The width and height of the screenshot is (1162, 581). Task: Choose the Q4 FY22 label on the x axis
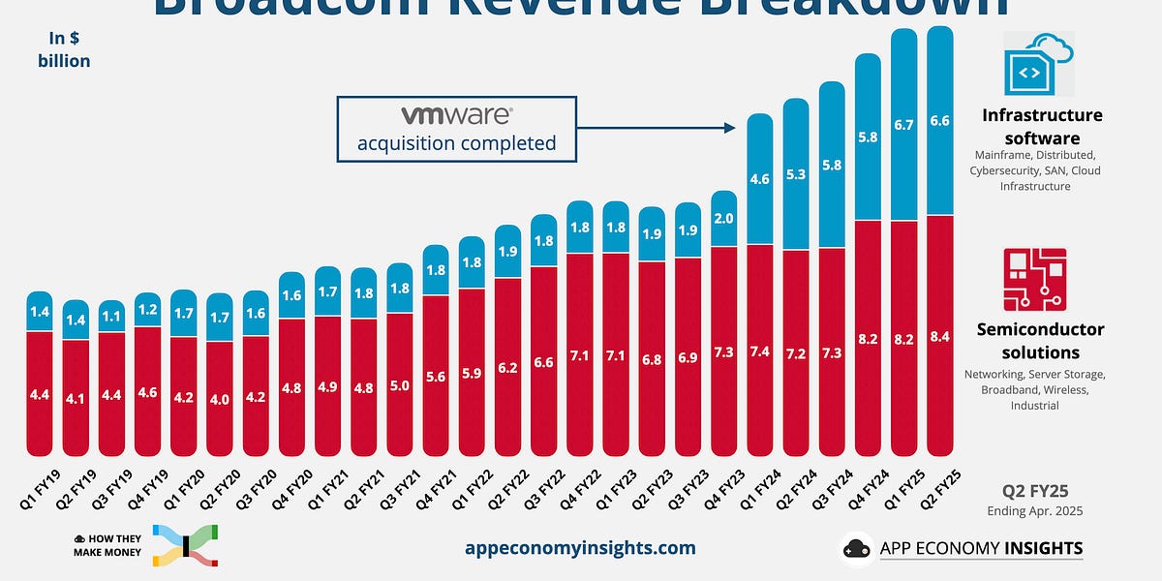click(573, 484)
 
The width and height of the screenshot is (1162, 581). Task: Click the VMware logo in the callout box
click(456, 116)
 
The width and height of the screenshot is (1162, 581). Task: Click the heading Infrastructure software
click(1042, 126)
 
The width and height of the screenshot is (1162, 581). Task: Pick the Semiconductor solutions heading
click(1040, 340)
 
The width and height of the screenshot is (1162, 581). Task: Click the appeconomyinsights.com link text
click(581, 547)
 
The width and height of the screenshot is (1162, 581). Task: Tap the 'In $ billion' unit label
click(69, 49)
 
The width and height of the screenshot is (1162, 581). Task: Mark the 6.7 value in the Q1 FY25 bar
click(903, 124)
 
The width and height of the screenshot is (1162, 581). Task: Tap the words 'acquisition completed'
click(456, 143)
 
